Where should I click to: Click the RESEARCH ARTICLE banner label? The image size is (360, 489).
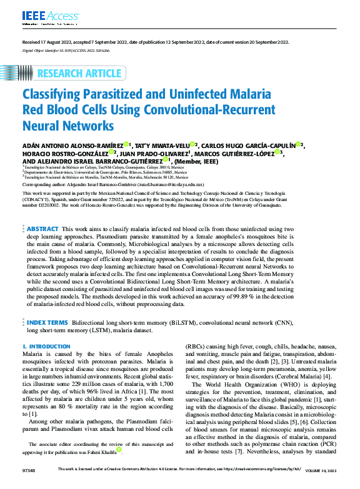click(x=79, y=74)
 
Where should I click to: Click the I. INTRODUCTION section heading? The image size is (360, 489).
click(x=42, y=345)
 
